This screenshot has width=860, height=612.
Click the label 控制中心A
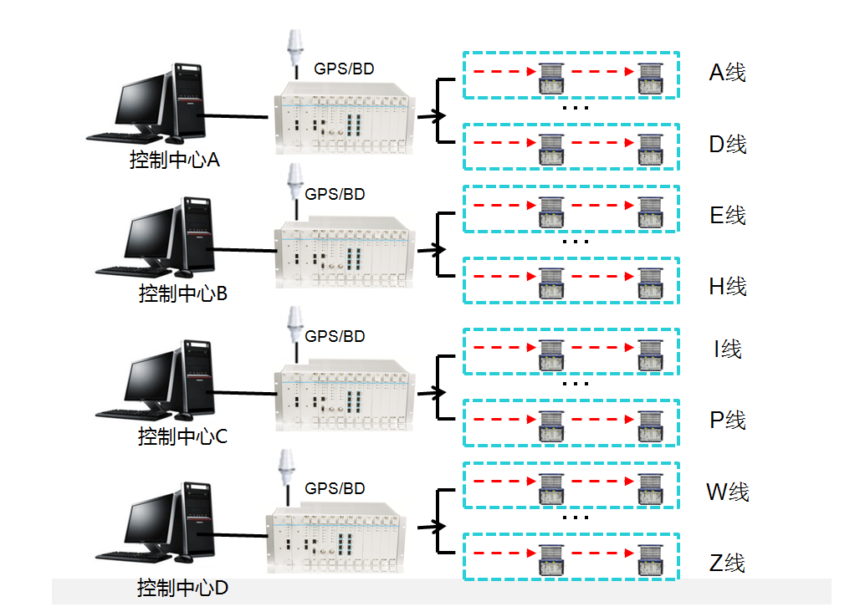coord(175,160)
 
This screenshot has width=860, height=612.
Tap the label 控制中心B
coord(183,294)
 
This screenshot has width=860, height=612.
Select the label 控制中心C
coord(183,436)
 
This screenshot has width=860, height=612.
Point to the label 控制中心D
coord(183,589)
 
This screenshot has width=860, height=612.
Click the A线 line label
coord(727,73)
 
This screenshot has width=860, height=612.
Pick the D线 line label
coord(727,145)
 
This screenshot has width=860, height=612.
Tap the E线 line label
coord(727,216)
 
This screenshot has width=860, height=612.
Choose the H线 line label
coord(727,287)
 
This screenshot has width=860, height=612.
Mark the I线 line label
coord(727,349)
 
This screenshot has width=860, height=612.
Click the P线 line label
coord(727,421)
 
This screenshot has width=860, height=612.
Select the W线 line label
coord(727,492)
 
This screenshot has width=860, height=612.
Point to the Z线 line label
coord(727,564)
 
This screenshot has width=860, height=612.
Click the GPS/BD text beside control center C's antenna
coord(335,337)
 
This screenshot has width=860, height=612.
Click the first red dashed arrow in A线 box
coord(502,72)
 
